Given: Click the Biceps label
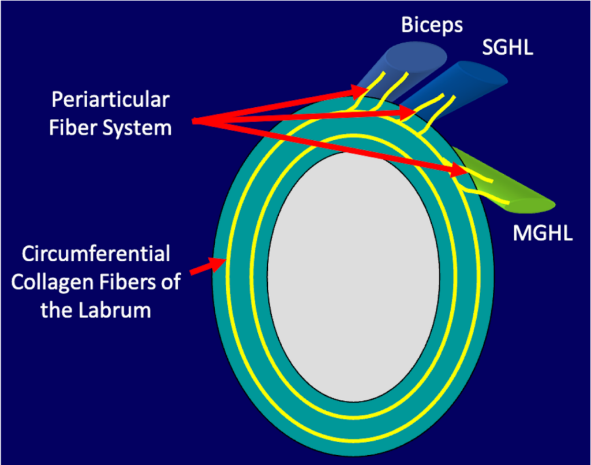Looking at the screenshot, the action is click(x=432, y=25).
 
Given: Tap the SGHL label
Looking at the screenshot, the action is click(x=508, y=47).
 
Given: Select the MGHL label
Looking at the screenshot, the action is click(x=543, y=232).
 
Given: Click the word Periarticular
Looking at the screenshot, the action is click(x=110, y=99).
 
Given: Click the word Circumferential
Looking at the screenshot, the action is click(x=96, y=253).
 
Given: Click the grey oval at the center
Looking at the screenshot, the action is click(x=354, y=277).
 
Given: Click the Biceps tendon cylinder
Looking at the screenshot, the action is click(x=399, y=72).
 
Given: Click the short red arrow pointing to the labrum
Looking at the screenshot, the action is click(x=208, y=266).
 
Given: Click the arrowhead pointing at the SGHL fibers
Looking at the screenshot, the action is click(x=407, y=112).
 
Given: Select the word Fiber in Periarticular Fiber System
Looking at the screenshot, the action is click(x=73, y=127).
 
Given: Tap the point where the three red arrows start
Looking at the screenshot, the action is click(x=193, y=121).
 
